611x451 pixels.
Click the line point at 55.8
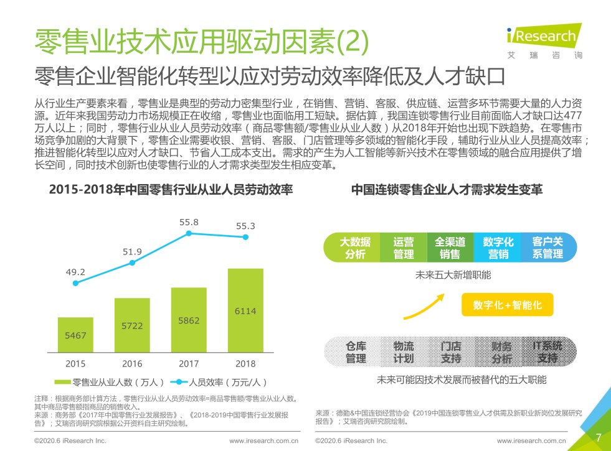[x=189, y=233]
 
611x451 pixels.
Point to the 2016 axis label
[x=132, y=364]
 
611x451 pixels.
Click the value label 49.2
[x=75, y=272]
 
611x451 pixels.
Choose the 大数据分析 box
[x=355, y=248]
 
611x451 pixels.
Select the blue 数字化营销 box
[x=498, y=248]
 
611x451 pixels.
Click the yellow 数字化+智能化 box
[x=507, y=305]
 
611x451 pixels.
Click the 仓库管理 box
[x=356, y=352]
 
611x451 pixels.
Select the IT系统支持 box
[x=547, y=352]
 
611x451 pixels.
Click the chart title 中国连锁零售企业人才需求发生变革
[x=447, y=190]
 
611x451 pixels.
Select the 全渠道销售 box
[x=450, y=248]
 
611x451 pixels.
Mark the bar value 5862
[x=189, y=320]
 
